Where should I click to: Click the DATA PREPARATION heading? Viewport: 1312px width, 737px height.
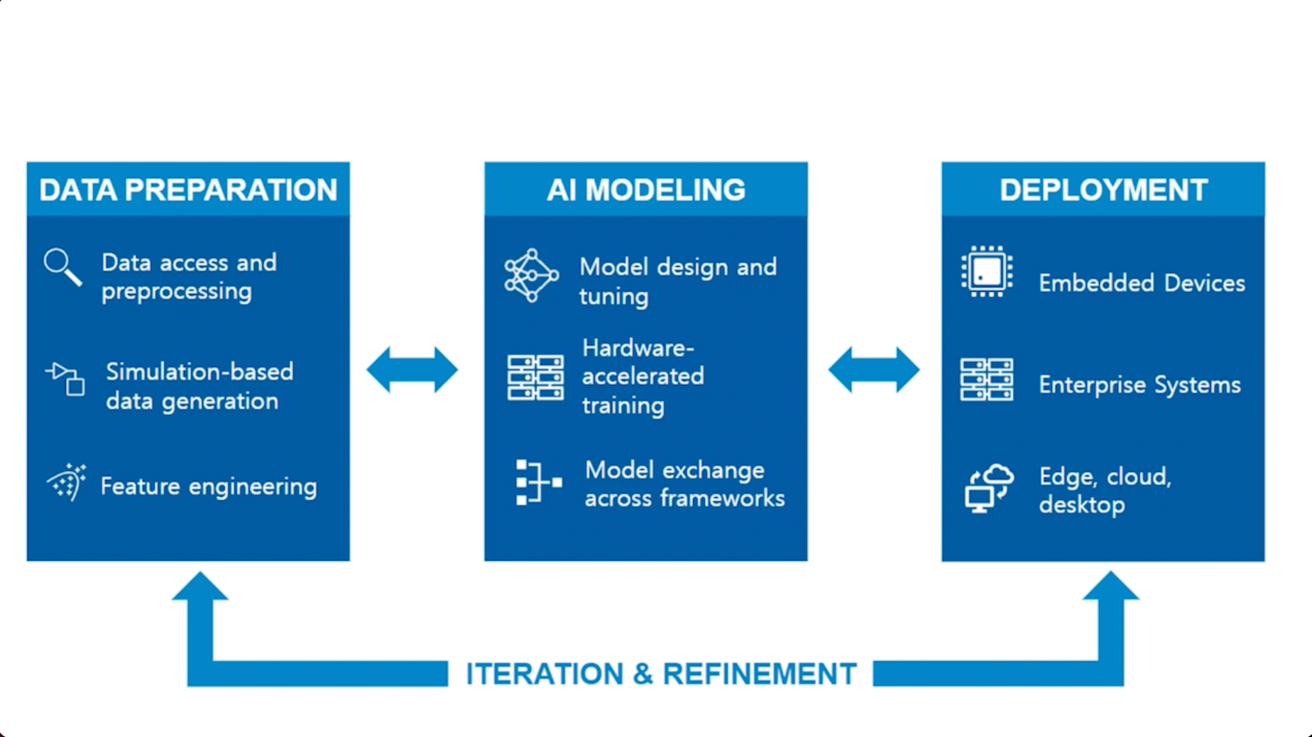188,190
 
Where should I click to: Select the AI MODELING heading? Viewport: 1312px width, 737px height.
646,190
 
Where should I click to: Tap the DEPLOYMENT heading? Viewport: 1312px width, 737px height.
1103,190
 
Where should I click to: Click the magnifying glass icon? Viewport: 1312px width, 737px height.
62,267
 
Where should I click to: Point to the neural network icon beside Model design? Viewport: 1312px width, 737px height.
531,276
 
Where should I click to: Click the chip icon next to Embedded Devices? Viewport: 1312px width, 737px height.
987,271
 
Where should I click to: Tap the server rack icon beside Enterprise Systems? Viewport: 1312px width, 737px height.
987,380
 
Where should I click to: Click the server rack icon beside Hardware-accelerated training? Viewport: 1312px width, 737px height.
535,378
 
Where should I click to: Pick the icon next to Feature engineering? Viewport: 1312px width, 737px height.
67,483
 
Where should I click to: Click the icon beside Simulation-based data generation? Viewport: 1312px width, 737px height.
66,378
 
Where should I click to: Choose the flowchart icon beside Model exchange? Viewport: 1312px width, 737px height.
537,482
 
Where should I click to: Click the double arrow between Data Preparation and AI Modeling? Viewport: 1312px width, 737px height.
412,370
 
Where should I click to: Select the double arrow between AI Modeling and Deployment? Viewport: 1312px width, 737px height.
874,370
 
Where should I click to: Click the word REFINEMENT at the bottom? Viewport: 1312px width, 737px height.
759,674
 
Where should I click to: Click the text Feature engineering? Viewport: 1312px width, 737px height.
209,487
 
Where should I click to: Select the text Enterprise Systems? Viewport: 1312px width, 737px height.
1139,385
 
